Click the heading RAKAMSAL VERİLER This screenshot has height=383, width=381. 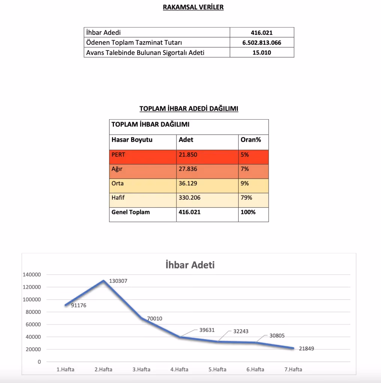coord(193,7)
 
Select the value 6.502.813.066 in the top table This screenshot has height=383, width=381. coord(261,43)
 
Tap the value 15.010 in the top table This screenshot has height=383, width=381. coord(261,52)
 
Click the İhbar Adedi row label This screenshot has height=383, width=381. coord(103,33)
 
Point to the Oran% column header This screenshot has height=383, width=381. coord(251,140)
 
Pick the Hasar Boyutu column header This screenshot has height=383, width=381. coord(132,140)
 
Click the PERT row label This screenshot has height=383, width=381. coord(118,154)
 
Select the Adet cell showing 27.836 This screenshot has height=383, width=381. coord(188,169)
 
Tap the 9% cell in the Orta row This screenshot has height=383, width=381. coord(245,183)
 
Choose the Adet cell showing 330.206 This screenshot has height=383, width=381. coord(190,197)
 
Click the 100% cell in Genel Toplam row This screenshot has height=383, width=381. coord(248,212)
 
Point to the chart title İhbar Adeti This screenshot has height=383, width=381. coord(190,265)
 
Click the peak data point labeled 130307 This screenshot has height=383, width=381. coord(103,281)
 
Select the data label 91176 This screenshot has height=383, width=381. coord(79,305)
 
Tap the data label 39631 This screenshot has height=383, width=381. coord(207,330)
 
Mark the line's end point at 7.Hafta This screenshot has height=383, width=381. coord(293,348)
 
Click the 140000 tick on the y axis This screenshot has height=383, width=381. coord(32,275)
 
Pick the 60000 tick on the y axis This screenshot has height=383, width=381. coord(33,324)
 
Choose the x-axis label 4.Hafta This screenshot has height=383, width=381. coord(179,369)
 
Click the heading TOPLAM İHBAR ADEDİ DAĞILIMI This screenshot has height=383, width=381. coord(189,108)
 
